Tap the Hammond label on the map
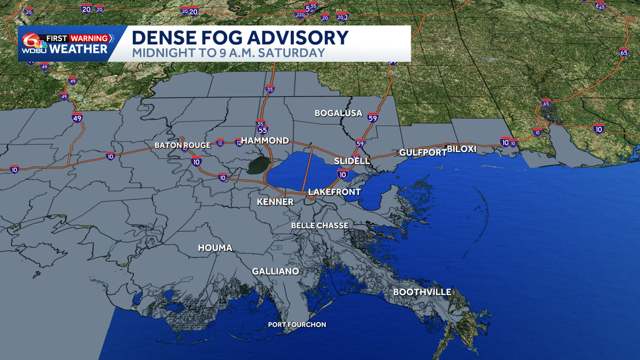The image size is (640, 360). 265,141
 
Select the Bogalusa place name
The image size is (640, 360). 338,113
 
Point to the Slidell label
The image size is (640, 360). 351,161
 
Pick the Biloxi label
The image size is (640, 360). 461,149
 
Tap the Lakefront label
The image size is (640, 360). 334,192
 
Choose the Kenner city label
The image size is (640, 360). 275,202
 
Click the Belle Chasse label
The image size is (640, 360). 319,226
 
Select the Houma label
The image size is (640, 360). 215,248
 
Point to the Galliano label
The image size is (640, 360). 275,271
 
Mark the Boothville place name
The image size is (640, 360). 422,292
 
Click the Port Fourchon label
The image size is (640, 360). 297,324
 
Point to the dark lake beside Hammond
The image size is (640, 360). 258,165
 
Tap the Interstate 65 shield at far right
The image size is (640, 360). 623,53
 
